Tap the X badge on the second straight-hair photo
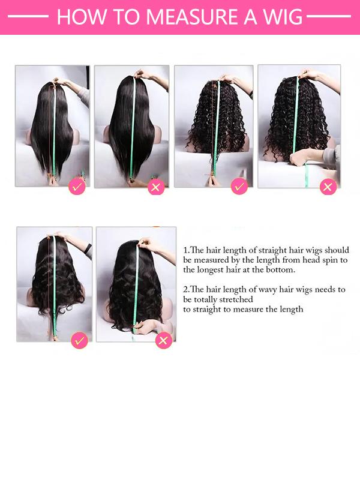coord(156,187)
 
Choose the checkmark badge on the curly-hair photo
coord(239,187)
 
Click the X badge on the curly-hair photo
coord(328,187)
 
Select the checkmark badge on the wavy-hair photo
coord(79,341)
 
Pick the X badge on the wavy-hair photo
coord(164,341)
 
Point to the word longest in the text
coord(213,270)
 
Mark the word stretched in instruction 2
coord(238,299)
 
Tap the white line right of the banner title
coord(333,17)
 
